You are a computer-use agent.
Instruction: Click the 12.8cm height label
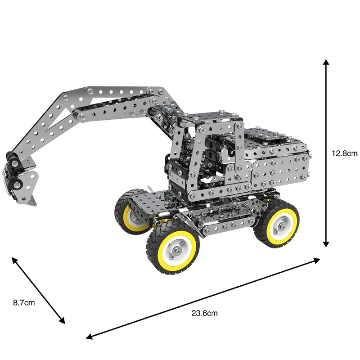coord(344,153)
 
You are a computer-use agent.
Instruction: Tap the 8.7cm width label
coord(24,302)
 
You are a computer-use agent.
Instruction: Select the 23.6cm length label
coord(204,313)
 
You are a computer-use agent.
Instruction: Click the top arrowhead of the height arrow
coord(326,62)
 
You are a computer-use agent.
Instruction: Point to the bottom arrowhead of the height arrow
coord(326,244)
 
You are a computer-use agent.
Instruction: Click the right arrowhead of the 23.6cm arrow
coord(317,261)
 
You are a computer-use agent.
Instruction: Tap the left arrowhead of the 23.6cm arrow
coord(89,336)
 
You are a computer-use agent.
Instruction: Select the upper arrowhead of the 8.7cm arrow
coord(15,260)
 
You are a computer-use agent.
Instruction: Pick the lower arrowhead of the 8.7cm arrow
coord(62,321)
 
